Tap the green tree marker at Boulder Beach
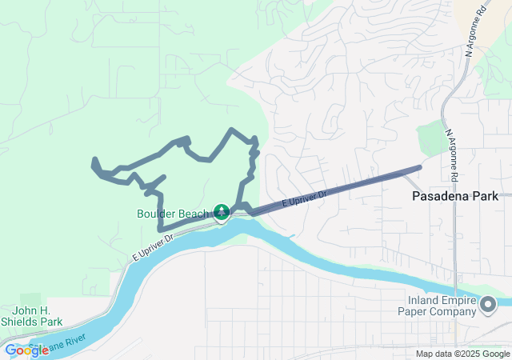[222, 213]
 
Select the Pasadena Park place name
[454, 196]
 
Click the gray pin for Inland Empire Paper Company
[487, 304]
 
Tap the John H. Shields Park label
[37, 316]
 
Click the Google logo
[26, 350]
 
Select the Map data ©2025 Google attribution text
[462, 354]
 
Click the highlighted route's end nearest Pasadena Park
[419, 168]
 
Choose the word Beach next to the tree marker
[196, 214]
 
